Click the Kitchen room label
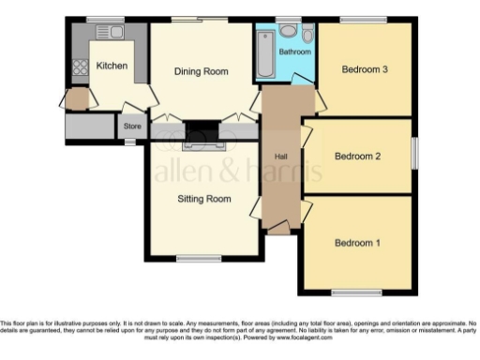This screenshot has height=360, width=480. point(111,66)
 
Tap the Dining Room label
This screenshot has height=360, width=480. point(202,71)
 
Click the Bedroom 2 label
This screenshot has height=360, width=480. point(357,156)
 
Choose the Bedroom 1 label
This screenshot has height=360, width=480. point(357,243)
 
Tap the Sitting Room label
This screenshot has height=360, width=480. point(204,199)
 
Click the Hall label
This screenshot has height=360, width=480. point(279,156)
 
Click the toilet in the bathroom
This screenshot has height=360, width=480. point(288,31)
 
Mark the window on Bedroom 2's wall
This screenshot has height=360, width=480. point(413,155)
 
